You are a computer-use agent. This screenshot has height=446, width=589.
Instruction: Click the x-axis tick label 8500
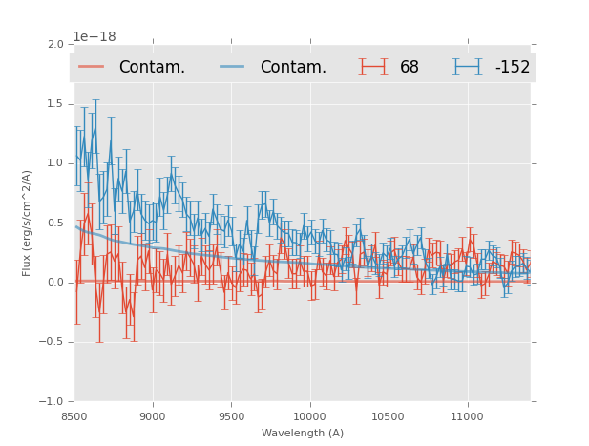pos(74,416)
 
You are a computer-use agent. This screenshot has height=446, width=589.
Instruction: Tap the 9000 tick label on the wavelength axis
pos(153,416)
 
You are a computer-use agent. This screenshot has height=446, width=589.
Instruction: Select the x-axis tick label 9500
pos(231,416)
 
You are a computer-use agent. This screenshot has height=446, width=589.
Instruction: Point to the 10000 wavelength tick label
pos(310,416)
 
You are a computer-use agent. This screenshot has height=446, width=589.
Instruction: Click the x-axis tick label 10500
pos(389,416)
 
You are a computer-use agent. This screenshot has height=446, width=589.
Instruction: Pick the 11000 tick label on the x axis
pos(467,416)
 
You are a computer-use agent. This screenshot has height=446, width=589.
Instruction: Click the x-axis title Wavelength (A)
pos(303,434)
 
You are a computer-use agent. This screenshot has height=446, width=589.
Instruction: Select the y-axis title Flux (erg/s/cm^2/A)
pos(28,223)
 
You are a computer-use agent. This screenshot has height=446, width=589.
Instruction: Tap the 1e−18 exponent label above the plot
pos(95,36)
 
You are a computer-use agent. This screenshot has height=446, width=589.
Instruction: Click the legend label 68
pos(410,68)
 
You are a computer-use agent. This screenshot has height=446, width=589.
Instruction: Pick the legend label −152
pos(513,68)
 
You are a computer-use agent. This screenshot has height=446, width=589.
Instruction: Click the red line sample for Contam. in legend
pos(93,67)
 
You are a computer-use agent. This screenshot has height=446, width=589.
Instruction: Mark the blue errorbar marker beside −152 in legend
pos(468,67)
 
